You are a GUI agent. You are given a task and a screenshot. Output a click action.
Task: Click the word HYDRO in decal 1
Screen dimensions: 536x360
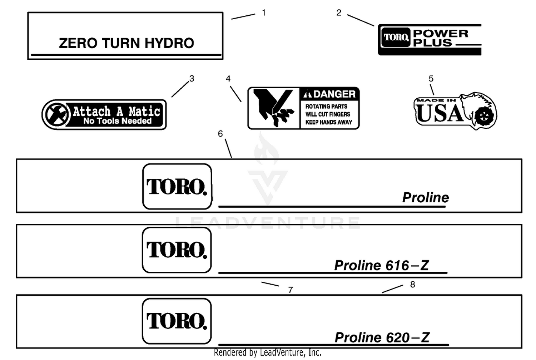click(169, 43)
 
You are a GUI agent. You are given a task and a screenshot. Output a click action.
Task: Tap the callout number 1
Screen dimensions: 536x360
click(264, 13)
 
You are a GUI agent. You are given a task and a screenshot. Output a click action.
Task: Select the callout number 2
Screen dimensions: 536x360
click(339, 13)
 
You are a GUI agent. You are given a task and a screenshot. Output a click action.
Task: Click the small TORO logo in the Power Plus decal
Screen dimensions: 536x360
click(396, 37)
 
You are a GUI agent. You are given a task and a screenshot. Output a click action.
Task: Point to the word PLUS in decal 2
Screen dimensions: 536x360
click(432, 43)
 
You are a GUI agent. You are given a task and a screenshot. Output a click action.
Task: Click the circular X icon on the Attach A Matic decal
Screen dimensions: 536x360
click(56, 114)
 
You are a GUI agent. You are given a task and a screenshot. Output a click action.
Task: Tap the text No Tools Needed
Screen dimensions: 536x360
click(117, 121)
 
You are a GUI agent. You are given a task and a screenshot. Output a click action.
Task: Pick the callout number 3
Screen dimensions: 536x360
click(192, 79)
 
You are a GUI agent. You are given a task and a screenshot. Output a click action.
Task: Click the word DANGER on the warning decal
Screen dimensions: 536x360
click(334, 94)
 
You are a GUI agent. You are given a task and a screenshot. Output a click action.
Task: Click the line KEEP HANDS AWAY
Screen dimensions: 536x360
click(328, 122)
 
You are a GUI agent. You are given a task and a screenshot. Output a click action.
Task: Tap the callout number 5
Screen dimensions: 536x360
click(431, 79)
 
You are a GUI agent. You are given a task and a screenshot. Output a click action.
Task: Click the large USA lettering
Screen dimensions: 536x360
click(440, 113)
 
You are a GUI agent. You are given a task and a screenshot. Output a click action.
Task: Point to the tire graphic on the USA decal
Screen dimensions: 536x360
click(484, 117)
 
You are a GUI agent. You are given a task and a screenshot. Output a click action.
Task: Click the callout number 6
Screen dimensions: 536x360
click(220, 134)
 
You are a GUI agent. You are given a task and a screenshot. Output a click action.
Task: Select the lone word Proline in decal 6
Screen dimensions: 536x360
click(426, 198)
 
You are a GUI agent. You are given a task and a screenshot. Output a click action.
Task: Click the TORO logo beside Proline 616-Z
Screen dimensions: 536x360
click(177, 250)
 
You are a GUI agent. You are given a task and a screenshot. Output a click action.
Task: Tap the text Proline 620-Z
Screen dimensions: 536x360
click(382, 337)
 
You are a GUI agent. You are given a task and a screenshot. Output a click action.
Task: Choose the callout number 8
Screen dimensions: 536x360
click(412, 285)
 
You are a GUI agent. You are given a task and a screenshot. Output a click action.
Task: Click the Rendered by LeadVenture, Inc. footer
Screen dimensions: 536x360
click(268, 352)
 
